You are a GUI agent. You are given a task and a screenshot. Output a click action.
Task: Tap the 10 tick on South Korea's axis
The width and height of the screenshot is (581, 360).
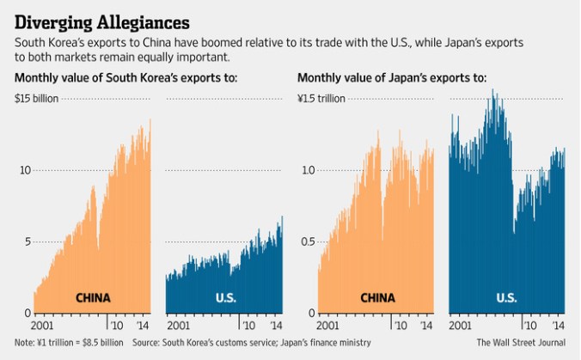[x=26, y=170]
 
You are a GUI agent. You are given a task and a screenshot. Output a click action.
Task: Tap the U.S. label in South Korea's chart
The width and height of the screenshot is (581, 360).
[x=225, y=299]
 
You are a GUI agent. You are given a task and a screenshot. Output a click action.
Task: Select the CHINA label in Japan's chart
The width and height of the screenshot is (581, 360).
[x=377, y=299]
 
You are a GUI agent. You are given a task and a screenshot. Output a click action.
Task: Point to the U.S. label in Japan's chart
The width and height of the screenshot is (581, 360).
[x=507, y=299]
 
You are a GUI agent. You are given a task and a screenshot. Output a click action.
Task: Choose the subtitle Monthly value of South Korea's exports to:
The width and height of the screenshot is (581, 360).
[x=125, y=79]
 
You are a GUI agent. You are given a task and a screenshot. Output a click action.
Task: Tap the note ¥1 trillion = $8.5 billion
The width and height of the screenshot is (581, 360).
[x=65, y=343]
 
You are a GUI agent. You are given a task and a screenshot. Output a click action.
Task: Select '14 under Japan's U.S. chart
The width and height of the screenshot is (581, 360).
[x=558, y=326]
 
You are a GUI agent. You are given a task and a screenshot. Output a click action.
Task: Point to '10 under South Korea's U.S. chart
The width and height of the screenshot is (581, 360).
[x=248, y=326]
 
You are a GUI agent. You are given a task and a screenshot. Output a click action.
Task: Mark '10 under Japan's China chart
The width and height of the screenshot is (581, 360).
[x=400, y=326]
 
